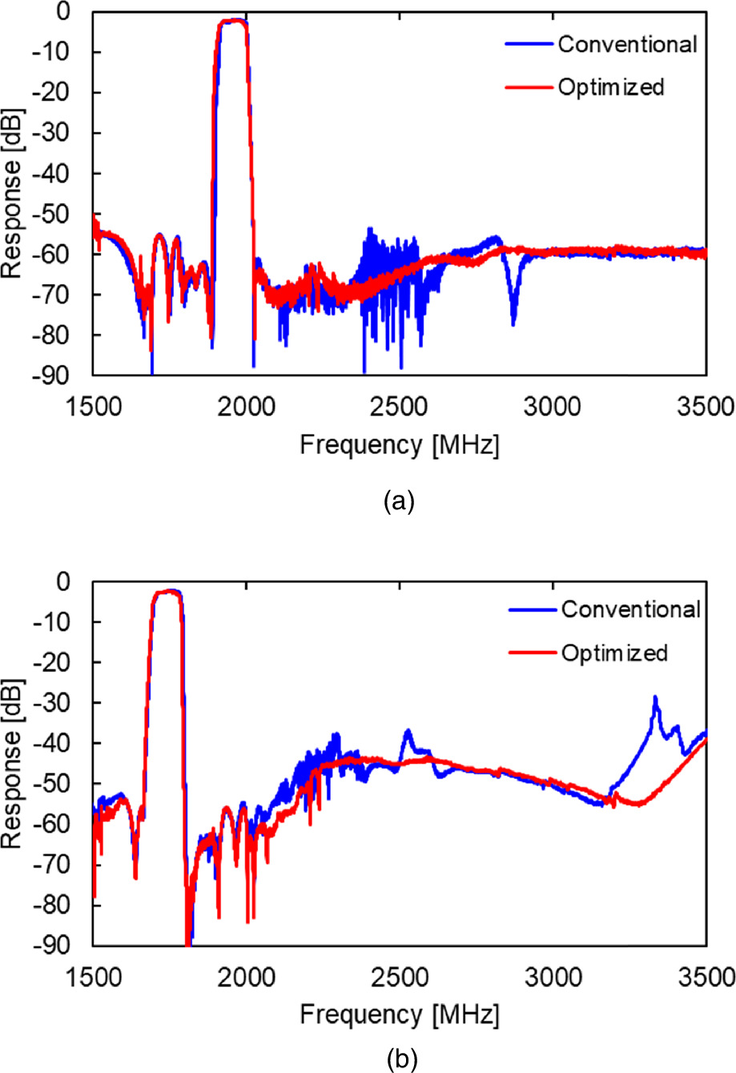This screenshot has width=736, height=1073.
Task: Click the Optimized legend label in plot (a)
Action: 611,87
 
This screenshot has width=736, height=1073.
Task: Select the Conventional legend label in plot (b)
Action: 630,609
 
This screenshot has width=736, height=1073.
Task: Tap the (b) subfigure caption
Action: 400,1059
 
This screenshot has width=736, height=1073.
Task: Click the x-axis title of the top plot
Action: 400,446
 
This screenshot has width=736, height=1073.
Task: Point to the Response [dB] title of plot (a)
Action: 14,194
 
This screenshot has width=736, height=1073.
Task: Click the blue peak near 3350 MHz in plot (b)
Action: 655,698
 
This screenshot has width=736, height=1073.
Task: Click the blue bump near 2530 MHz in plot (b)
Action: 408,732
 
